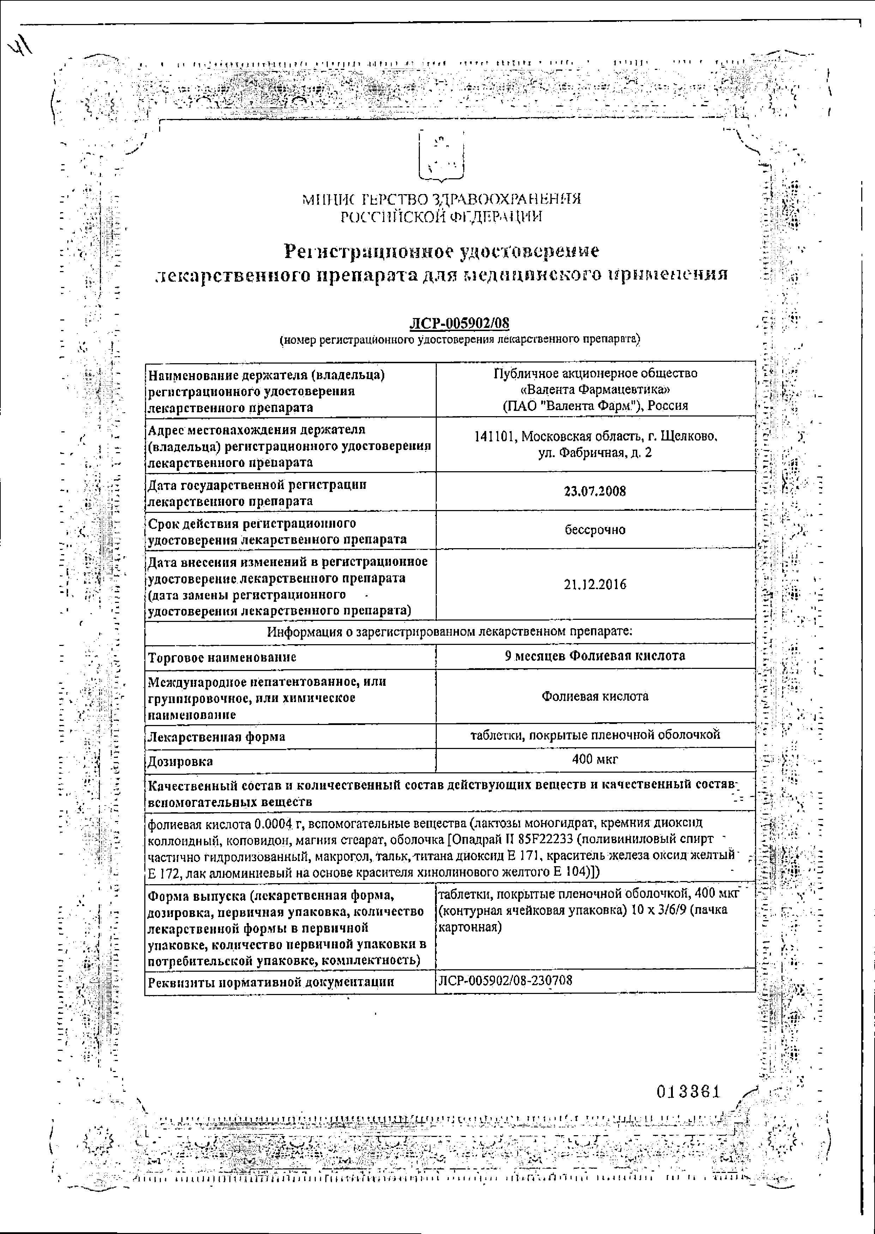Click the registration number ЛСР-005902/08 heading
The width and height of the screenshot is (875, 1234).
click(x=459, y=324)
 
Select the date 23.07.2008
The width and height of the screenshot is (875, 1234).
click(x=595, y=491)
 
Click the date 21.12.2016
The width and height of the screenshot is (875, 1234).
click(x=595, y=585)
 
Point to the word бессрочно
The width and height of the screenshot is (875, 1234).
click(x=595, y=530)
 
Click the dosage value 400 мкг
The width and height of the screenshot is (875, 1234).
click(x=595, y=759)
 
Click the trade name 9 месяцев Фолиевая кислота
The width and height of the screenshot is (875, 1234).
click(x=595, y=656)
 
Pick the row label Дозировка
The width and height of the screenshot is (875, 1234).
click(x=181, y=761)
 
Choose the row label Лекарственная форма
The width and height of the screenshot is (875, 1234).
click(x=216, y=736)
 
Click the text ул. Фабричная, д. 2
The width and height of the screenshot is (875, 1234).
click(x=595, y=453)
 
